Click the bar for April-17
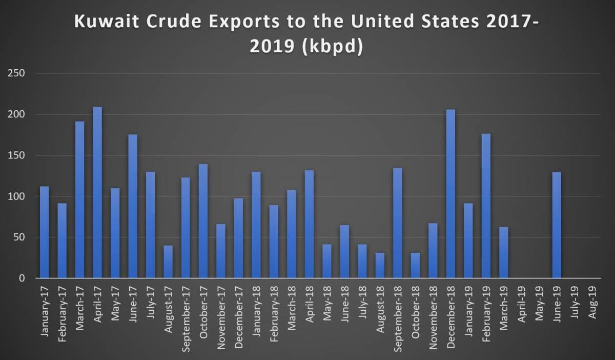pyautogui.click(x=97, y=192)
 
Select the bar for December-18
pyautogui.click(x=450, y=194)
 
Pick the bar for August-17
pyautogui.click(x=168, y=262)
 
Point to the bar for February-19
pyautogui.click(x=486, y=206)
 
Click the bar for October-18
pyautogui.click(x=416, y=265)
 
